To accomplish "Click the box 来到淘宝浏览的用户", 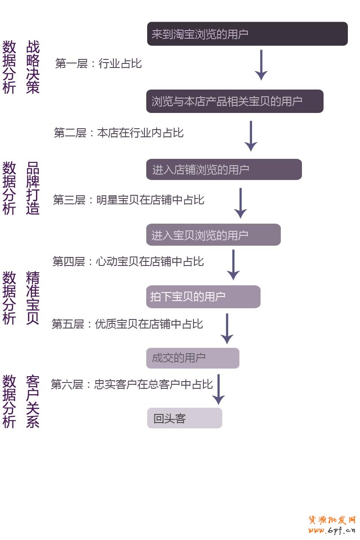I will [x=247, y=34].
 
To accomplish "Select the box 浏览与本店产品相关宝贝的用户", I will [x=234, y=101].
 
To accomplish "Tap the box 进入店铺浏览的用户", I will [x=224, y=170].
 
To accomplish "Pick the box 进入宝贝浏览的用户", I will [x=213, y=235].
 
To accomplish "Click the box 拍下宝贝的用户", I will [x=203, y=297].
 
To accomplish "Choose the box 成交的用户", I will [x=193, y=358].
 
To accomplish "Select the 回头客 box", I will [x=184, y=418].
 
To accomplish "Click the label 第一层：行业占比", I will [x=99, y=63].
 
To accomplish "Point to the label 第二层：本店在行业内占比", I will [x=119, y=133].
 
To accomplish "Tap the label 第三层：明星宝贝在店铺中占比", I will [x=129, y=200].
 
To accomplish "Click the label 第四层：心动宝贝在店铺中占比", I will [x=128, y=261].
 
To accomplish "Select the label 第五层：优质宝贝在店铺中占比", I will [x=127, y=324].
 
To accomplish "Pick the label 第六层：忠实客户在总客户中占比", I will [x=131, y=385].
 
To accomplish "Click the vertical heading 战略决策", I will [x=33, y=67].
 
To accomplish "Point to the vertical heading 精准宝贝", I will [x=33, y=297].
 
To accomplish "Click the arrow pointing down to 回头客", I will [x=218, y=390].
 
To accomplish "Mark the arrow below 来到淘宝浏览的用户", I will [x=261, y=65].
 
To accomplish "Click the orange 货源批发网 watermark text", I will [x=332, y=520].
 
